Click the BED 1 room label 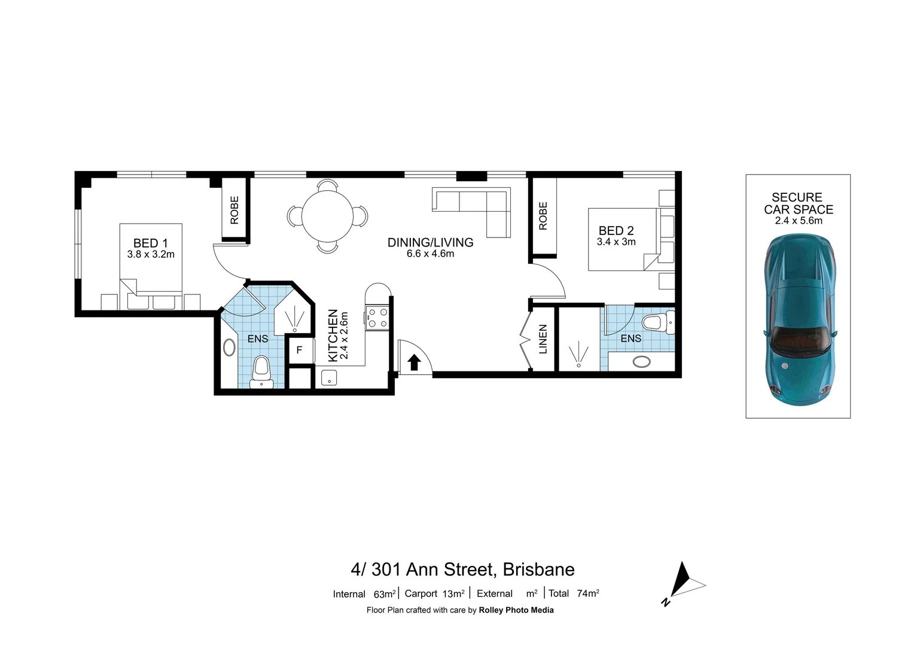[x=150, y=243]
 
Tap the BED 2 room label [x=616, y=231]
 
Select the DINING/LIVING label [x=430, y=242]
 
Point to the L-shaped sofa [x=479, y=206]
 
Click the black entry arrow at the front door [x=413, y=362]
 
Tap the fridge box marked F [x=299, y=351]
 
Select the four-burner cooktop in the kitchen [x=377, y=317]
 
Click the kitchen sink [x=329, y=377]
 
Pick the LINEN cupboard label [x=543, y=339]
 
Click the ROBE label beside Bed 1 [x=234, y=210]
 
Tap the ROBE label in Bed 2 [x=543, y=216]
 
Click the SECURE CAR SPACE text [x=798, y=203]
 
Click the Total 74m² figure [x=574, y=593]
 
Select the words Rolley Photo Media [x=516, y=610]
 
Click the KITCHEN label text [x=333, y=336]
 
